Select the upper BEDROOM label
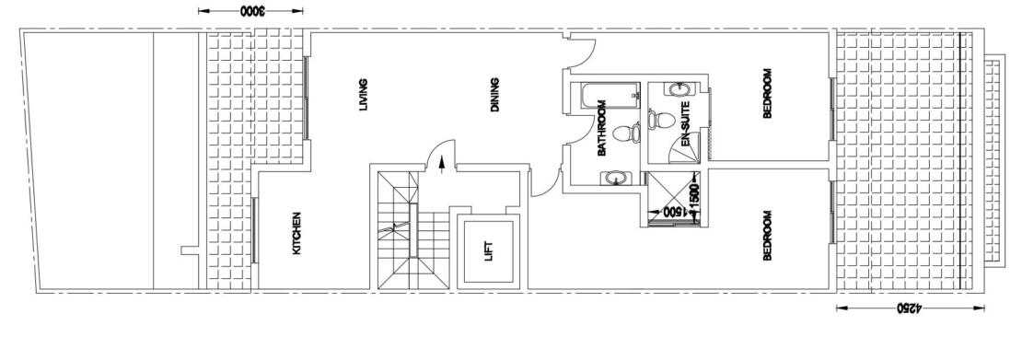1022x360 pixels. pyautogui.click(x=767, y=95)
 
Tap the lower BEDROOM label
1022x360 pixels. pyautogui.click(x=767, y=236)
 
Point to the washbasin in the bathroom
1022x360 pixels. pyautogui.click(x=614, y=179)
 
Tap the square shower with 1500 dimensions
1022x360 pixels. pyautogui.click(x=672, y=197)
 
